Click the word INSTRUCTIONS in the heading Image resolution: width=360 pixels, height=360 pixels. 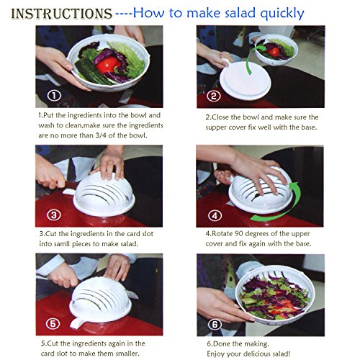coord(62,14)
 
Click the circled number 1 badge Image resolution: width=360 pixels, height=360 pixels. coord(54,96)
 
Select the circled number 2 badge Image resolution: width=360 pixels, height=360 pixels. coord(214,96)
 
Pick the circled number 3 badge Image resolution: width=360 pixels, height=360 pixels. coord(54,215)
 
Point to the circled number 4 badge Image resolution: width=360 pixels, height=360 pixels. coord(215,215)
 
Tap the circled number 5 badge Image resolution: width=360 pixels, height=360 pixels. coord(53,324)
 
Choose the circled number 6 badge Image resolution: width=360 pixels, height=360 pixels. coord(215,325)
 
